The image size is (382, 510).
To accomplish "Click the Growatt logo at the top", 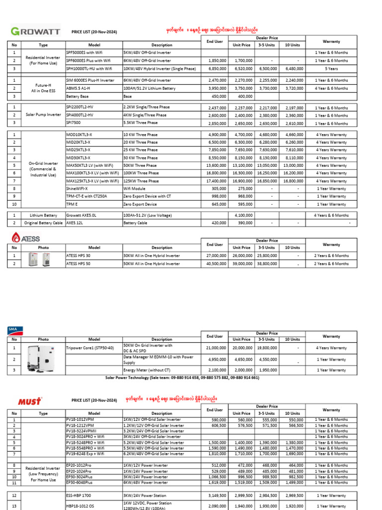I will [x=35, y=31].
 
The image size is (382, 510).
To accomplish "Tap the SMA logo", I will [x=15, y=329].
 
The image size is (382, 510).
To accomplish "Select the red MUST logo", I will [x=30, y=400].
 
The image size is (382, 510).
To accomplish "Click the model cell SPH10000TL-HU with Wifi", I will [x=89, y=69].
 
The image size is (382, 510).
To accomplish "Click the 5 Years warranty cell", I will [x=331, y=69].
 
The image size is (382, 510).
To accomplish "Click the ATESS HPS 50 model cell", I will [x=81, y=263].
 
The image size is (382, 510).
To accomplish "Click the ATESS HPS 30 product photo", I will [x=39, y=259].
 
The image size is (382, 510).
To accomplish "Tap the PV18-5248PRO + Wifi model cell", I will [x=85, y=442].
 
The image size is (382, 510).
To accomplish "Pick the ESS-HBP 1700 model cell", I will [x=80, y=496].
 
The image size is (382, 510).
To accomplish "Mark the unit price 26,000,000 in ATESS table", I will [x=242, y=255].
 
